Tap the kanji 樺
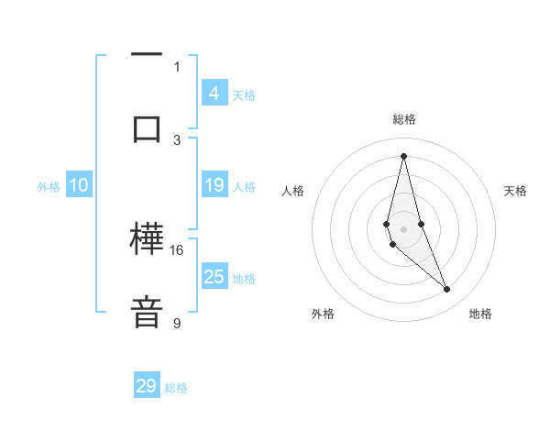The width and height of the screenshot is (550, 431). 147,241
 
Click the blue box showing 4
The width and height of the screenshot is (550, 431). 214,93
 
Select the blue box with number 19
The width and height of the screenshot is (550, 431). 214,185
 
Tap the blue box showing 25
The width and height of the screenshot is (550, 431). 214,276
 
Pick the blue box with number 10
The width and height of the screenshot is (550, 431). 78,185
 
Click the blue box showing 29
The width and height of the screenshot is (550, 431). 147,386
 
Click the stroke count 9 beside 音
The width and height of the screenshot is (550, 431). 177,323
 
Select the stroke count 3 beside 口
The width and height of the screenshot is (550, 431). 177,139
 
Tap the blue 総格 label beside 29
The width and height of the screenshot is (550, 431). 176,388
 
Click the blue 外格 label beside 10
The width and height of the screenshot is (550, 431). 49,187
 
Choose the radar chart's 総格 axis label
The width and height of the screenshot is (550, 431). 403,119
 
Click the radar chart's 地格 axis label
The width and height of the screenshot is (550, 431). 480,314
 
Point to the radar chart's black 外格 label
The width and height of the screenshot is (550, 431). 323,314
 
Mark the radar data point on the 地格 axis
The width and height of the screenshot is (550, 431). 447,290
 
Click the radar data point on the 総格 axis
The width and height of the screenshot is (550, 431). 403,155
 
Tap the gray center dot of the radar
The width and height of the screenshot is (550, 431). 403,228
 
